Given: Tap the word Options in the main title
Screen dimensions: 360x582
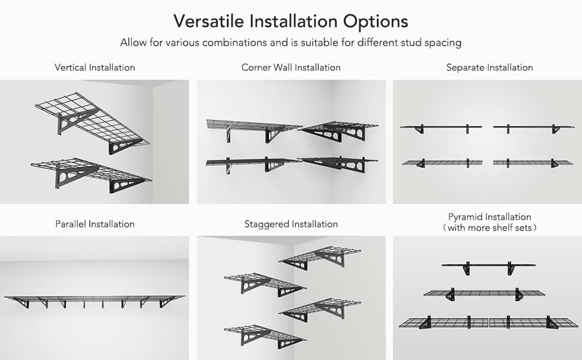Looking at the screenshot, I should pyautogui.click(x=376, y=21).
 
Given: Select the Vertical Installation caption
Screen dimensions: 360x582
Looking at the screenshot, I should pyautogui.click(x=95, y=67).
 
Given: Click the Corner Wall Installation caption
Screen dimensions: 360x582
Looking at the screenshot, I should pyautogui.click(x=291, y=67).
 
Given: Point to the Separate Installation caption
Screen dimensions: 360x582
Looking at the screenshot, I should pyautogui.click(x=490, y=67).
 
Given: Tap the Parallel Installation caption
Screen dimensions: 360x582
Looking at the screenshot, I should pyautogui.click(x=95, y=224).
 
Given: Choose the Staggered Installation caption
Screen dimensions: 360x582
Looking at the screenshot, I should pyautogui.click(x=291, y=224).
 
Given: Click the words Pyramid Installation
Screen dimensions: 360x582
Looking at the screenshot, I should pyautogui.click(x=490, y=217).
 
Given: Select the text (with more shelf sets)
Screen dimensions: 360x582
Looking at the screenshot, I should pyautogui.click(x=490, y=227).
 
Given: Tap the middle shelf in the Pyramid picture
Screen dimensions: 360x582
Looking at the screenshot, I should pyautogui.click(x=485, y=293).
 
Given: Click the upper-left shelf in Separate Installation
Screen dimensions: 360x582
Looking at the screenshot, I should pyautogui.click(x=441, y=127).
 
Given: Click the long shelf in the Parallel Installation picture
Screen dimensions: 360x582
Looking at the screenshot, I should pyautogui.click(x=95, y=298).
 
